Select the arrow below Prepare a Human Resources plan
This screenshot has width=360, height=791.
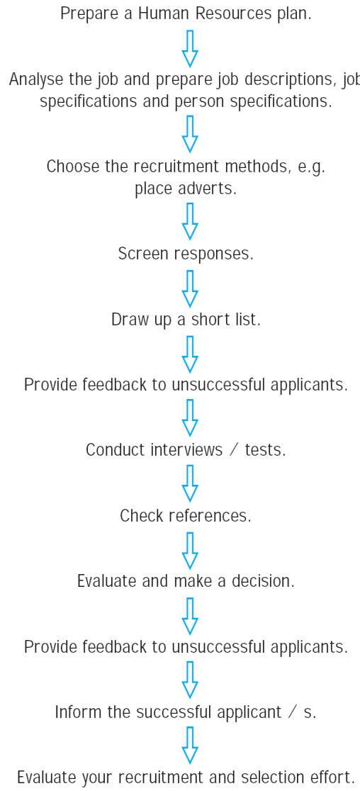coord(190,48)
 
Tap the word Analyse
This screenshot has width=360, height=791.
coord(34,79)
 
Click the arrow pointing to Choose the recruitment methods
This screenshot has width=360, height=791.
coord(190,134)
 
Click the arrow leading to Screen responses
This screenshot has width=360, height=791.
coord(190,221)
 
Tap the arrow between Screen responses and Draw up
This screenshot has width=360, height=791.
coord(190,288)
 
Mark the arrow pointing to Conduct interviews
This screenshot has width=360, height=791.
coord(190,417)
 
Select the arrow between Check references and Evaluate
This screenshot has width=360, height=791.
coord(190,550)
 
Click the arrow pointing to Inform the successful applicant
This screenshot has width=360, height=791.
coord(190,680)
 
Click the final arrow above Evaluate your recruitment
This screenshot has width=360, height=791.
coord(190,745)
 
